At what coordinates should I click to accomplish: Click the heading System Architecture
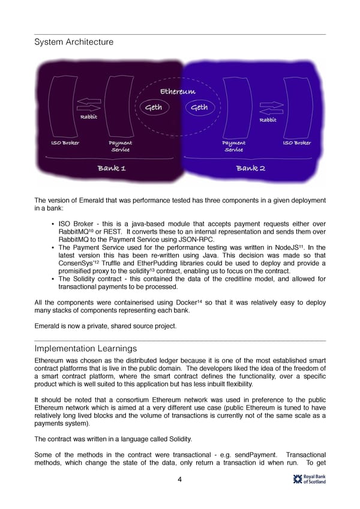click(74, 42)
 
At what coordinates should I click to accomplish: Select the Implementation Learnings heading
click(86, 349)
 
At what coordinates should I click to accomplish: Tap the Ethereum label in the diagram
click(178, 91)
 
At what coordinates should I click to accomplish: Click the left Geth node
click(154, 107)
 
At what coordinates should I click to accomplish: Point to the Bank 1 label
click(112, 168)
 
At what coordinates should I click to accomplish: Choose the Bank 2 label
click(251, 168)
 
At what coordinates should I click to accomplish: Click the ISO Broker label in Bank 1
click(65, 143)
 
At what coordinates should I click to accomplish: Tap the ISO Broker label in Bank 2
click(296, 143)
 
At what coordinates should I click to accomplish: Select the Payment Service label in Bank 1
click(120, 146)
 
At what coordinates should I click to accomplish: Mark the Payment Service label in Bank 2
click(233, 146)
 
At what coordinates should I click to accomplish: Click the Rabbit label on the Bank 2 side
click(268, 119)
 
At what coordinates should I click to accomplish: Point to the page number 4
click(179, 479)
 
